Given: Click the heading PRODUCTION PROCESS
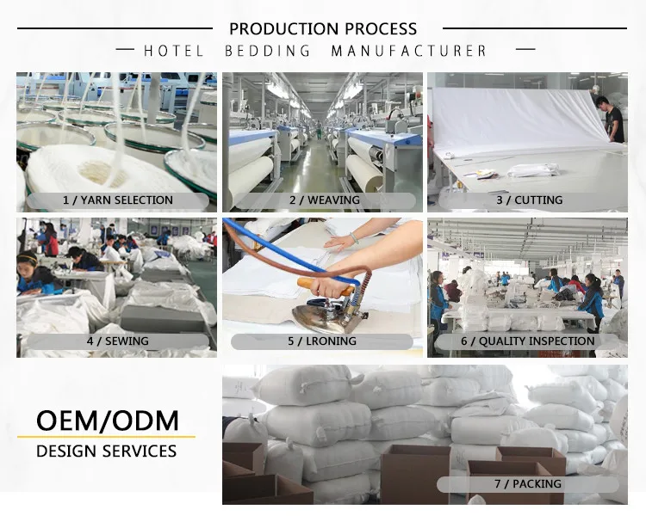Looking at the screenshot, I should pos(323,29).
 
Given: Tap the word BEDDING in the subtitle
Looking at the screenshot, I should pos(268,52).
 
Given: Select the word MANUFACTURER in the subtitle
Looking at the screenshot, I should pos(409,52).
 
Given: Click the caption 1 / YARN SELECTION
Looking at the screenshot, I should pos(118,200).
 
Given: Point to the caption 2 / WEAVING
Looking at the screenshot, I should pos(324,200).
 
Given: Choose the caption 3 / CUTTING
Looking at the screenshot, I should pos(529,200).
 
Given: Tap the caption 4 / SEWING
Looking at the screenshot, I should pos(118,341).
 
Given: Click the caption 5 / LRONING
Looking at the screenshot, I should pos(323,341).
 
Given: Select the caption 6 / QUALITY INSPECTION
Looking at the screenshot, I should pos(528,341).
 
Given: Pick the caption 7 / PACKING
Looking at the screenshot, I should pos(528,484).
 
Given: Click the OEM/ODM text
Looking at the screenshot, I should pos(107,421).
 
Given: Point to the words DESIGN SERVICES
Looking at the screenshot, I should pos(107,451).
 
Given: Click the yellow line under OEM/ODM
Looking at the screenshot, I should pos(107,437).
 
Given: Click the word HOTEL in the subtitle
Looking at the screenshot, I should pos(173,52).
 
